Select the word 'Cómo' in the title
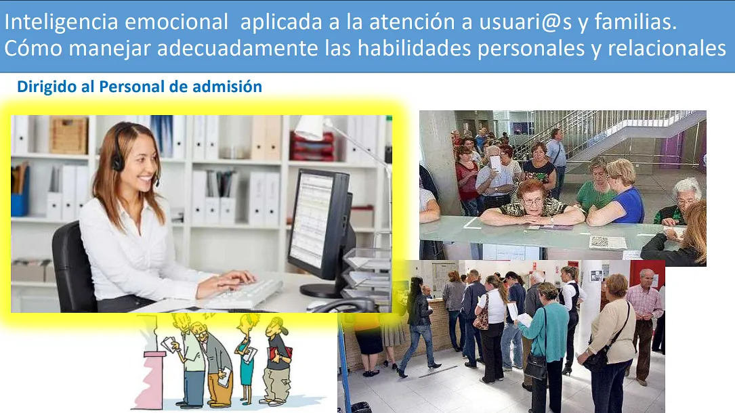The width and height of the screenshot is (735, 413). tap(33, 48)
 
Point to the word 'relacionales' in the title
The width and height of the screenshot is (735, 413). tap(667, 48)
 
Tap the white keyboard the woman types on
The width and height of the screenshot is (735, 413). tap(245, 294)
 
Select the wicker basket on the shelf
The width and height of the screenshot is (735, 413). tap(68, 135)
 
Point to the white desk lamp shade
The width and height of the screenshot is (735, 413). tap(310, 127)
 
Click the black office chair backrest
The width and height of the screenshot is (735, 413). tap(72, 267)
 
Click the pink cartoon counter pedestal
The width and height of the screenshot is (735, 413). tap(150, 378)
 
